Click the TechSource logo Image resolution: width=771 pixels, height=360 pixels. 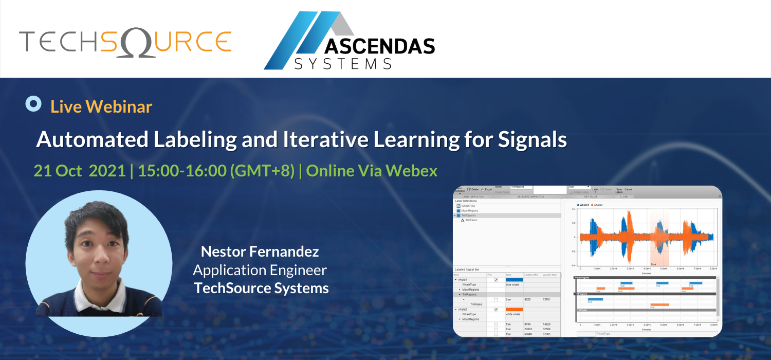click(125, 41)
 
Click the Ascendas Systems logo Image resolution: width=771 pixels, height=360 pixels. click(350, 41)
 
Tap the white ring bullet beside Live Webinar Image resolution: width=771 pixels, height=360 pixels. click(33, 104)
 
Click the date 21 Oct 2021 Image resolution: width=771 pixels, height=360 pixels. click(80, 171)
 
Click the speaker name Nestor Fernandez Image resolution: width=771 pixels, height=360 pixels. click(260, 251)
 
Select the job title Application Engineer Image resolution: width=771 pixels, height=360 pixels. click(260, 270)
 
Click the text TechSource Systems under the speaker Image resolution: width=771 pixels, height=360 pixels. click(261, 288)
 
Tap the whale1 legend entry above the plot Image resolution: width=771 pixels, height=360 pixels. click(583, 205)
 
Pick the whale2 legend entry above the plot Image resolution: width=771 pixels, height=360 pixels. click(597, 205)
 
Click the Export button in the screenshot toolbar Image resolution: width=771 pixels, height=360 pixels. click(486, 189)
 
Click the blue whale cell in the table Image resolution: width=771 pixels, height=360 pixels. click(512, 284)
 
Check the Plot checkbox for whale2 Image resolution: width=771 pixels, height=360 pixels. click(495, 310)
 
